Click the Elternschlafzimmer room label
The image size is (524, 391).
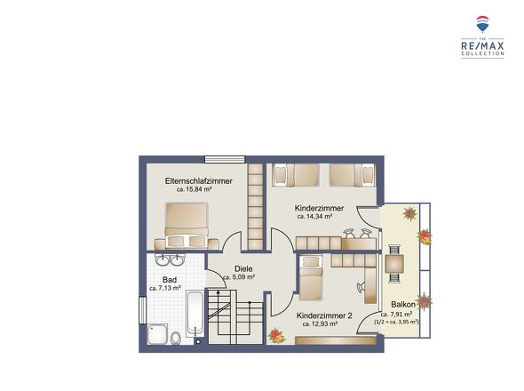click(x=199, y=181)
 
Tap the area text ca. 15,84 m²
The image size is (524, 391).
click(x=195, y=189)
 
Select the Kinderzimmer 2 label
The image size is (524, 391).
click(x=324, y=315)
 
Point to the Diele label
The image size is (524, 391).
click(x=243, y=268)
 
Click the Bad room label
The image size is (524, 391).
click(x=170, y=280)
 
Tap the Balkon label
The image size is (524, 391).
click(x=403, y=305)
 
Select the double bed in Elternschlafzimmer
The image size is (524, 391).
click(x=187, y=226)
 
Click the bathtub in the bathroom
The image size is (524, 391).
click(x=195, y=314)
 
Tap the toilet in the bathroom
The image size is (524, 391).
click(x=176, y=339)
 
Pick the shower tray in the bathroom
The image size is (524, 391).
click(x=157, y=334)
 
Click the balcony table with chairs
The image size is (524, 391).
click(x=394, y=264)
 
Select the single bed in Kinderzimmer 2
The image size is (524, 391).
click(x=311, y=277)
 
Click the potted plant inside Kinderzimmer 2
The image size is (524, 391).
click(x=276, y=336)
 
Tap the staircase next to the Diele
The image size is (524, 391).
click(x=235, y=316)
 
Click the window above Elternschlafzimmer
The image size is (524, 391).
click(x=225, y=160)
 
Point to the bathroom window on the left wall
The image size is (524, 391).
click(x=143, y=310)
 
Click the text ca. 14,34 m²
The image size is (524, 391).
click(x=314, y=217)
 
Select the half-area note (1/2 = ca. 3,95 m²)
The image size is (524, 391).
click(x=396, y=322)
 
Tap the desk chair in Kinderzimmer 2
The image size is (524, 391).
click(x=361, y=287)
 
